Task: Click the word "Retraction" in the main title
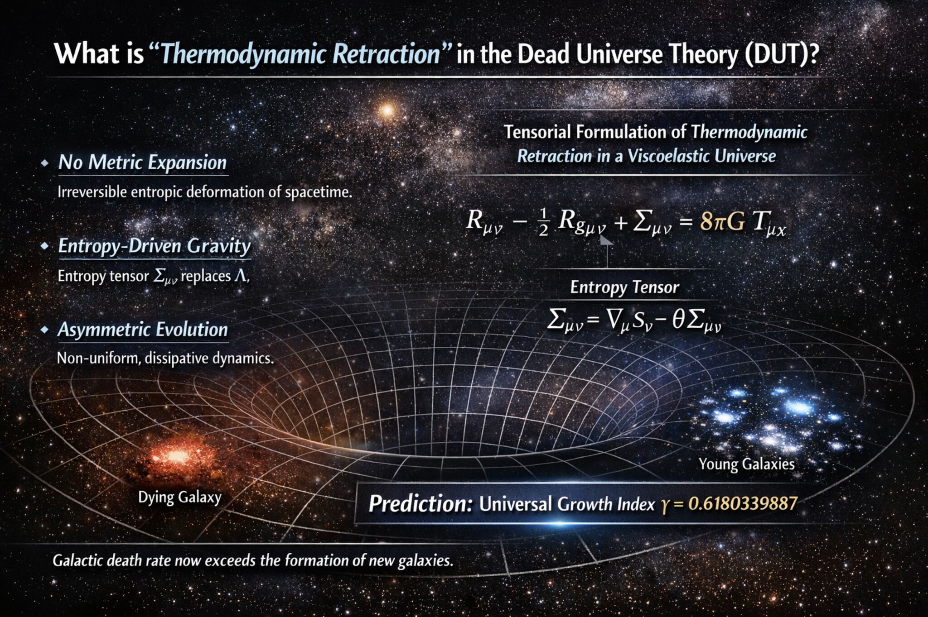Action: [387, 54]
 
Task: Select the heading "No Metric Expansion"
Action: [142, 163]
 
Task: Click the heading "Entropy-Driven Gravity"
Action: [155, 247]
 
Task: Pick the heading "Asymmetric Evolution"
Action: [143, 330]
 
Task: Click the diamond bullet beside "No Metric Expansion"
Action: [44, 163]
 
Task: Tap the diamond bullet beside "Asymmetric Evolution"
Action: [44, 330]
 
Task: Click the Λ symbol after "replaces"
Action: [241, 276]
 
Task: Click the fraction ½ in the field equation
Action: [544, 223]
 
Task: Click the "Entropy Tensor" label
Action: [624, 287]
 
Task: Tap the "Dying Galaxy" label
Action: [180, 497]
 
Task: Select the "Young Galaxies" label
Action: [747, 464]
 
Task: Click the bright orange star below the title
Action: [387, 110]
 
